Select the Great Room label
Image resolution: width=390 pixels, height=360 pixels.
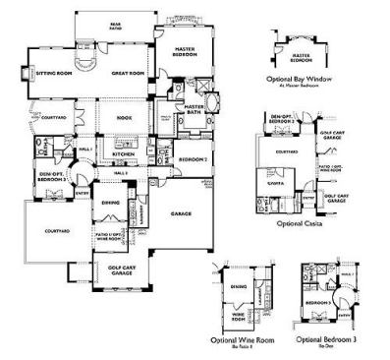pyautogui.click(x=129, y=73)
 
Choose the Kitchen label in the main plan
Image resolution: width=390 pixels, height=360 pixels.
pyautogui.click(x=123, y=154)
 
